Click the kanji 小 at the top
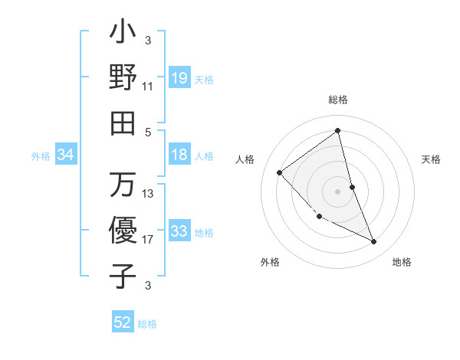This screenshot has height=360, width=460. pos(123,34)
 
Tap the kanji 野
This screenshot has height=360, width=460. pos(123,77)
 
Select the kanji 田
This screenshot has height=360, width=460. pos(123,123)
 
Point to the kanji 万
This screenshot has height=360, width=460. pos(123,185)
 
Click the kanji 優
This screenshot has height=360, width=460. pos(123,230)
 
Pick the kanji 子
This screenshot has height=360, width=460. pos(123,275)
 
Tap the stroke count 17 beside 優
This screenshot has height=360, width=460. pos(148,240)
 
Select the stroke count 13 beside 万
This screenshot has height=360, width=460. pos(148,194)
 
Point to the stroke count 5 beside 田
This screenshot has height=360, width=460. pos(148,132)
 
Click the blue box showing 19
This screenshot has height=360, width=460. pos(179,78)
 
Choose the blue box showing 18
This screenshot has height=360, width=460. pos(179,155)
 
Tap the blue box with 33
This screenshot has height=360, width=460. pos(179,231)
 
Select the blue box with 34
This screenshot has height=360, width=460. pos(66,155)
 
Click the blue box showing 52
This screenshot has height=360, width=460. pos(123,322)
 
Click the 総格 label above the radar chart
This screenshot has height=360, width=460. pos(338,100)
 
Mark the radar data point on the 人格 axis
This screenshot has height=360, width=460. pos(280,173)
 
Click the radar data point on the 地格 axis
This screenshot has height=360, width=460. pos(374,242)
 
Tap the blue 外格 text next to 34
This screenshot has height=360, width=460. pos(41,156)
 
